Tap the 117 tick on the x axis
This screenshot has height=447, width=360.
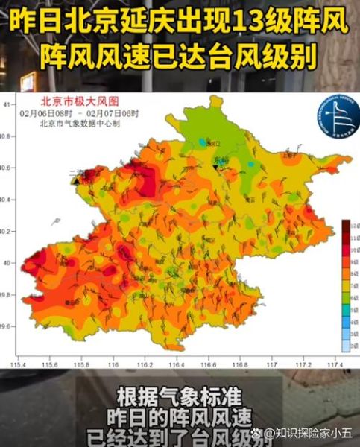pos(271,364)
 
